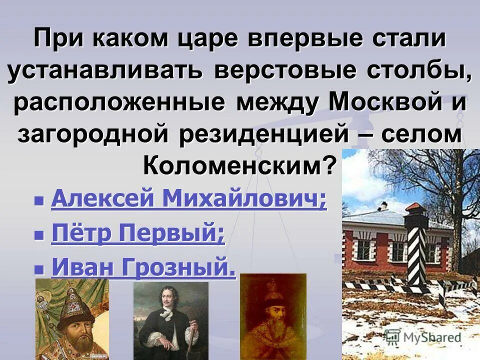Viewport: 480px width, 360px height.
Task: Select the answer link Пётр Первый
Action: (138, 234)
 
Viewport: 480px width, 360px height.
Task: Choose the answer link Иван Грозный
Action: (143, 268)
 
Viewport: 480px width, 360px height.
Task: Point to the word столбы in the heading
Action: (420, 71)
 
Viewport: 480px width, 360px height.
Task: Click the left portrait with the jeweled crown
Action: (72, 320)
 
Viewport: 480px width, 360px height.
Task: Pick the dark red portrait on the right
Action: (273, 317)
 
